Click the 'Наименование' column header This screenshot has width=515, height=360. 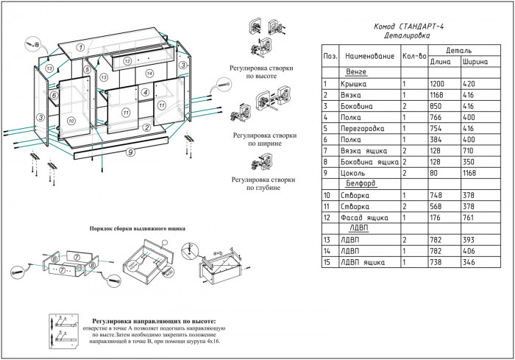coord(369,56)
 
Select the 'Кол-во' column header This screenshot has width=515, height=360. coord(415,56)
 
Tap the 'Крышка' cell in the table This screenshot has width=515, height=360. coord(356,84)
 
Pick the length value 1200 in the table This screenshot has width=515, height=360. coord(438,84)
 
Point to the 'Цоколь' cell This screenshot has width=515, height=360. coord(356,172)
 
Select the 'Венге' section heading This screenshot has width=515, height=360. coord(356,72)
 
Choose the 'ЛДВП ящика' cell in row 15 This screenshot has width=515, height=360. coord(364,261)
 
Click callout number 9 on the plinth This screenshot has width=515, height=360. coord(129,152)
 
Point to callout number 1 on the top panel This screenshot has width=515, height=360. coord(81,47)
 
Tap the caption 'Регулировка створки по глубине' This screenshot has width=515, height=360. coord(263,183)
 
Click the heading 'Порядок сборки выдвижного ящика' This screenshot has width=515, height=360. coord(137,229)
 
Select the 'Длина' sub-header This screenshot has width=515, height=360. coord(439,62)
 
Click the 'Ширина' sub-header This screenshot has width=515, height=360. coord(475,62)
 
